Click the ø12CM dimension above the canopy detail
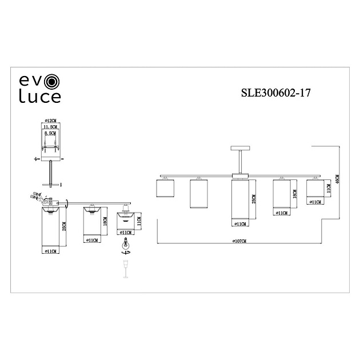53,121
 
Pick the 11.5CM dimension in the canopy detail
53,127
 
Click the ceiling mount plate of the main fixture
238,148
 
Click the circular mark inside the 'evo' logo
53,81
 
